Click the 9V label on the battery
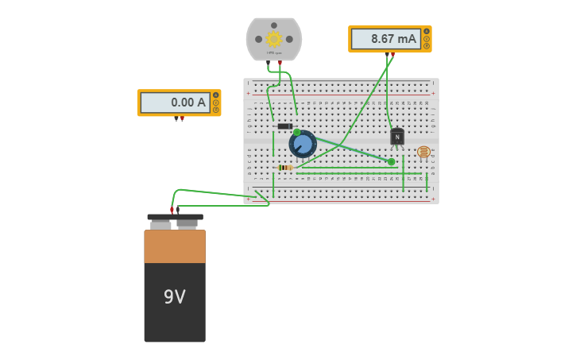point(174,297)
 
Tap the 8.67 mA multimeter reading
point(387,38)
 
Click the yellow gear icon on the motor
point(274,39)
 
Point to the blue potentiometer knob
point(303,145)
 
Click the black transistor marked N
point(397,137)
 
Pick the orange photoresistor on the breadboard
point(423,152)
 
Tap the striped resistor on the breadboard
point(286,168)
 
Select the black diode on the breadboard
point(284,126)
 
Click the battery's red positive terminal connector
point(172,211)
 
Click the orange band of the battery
point(175,246)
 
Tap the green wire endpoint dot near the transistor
point(391,162)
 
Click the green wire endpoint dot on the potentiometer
point(296,133)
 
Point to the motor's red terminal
point(280,63)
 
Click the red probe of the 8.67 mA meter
point(392,55)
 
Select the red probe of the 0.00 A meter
point(182,119)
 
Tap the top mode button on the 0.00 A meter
point(215,95)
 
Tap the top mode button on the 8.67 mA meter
point(427,31)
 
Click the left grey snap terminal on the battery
point(160,225)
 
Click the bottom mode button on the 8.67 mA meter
point(427,46)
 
